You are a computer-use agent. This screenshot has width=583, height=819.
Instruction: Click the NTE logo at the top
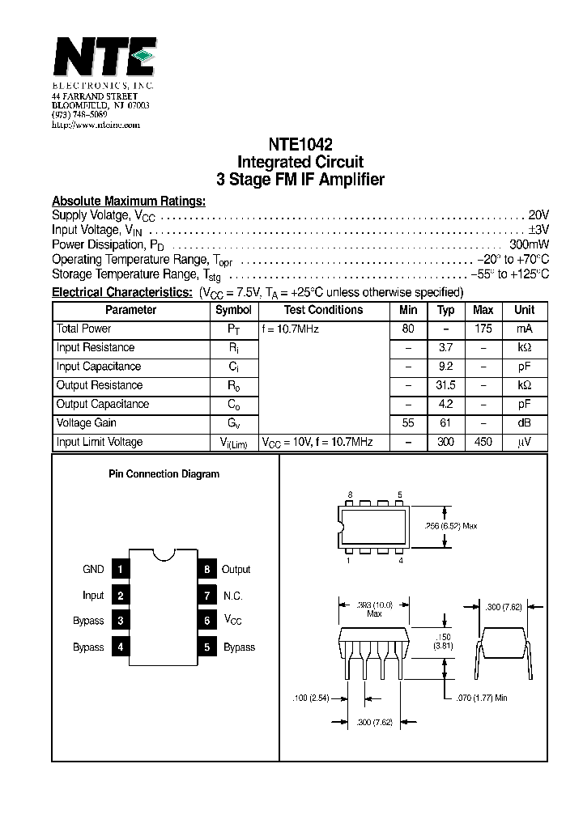click(x=103, y=58)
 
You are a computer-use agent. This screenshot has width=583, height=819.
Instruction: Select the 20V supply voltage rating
click(x=538, y=215)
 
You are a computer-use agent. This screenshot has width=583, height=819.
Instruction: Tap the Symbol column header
click(x=233, y=310)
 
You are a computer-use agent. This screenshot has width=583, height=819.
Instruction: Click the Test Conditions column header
click(x=323, y=310)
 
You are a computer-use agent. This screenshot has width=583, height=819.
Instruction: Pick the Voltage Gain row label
click(x=87, y=422)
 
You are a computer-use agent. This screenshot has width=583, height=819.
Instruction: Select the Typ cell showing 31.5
click(x=446, y=385)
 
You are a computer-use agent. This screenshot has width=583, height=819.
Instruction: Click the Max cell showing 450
click(x=483, y=442)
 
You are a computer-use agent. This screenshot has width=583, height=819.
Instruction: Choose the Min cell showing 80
click(x=408, y=329)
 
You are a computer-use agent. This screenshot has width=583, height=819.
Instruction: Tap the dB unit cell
click(x=524, y=422)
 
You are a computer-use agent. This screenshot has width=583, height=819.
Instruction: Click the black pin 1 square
click(x=120, y=570)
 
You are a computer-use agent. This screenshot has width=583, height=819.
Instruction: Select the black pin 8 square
click(x=207, y=570)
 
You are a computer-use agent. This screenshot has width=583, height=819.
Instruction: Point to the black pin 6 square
click(x=207, y=621)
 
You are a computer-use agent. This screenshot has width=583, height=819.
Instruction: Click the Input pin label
click(x=93, y=596)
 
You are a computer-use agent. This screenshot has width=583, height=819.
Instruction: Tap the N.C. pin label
click(x=233, y=596)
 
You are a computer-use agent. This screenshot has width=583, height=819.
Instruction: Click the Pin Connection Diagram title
click(x=164, y=474)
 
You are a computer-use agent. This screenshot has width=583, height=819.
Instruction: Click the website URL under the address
click(x=96, y=125)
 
